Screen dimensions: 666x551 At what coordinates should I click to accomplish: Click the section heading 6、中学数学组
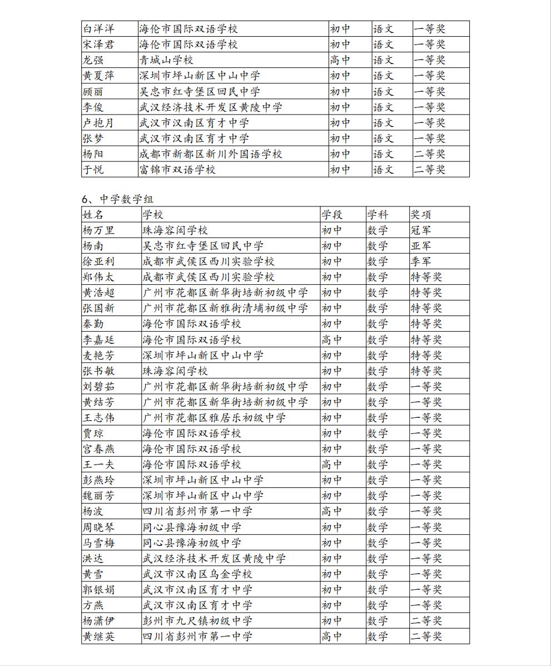117,199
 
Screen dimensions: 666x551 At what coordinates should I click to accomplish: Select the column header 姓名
93,215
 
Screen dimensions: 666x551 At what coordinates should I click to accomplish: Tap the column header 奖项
421,215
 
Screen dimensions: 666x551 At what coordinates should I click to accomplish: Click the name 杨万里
99,230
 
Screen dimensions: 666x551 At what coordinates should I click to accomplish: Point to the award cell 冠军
421,230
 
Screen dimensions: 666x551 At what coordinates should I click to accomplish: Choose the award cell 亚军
421,246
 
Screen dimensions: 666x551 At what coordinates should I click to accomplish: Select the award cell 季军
421,262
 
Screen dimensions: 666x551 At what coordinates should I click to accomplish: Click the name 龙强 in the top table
93,60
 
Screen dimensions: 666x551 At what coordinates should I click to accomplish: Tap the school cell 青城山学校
166,60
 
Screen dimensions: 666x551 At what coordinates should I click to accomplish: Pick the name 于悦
93,169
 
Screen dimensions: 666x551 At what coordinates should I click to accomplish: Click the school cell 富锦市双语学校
177,169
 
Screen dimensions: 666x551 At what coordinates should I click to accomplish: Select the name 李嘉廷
99,339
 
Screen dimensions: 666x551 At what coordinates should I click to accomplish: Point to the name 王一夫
99,464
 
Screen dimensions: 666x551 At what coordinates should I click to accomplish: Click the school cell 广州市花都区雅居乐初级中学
214,417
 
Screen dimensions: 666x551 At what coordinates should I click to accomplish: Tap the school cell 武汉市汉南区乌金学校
197,574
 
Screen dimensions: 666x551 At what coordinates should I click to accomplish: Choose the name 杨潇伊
99,620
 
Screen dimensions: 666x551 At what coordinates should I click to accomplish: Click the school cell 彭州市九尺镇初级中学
197,620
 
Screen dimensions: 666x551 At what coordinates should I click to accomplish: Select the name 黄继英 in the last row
99,636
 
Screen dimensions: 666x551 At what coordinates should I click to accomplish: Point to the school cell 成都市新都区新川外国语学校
211,154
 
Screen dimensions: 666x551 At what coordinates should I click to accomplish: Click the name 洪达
93,558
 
